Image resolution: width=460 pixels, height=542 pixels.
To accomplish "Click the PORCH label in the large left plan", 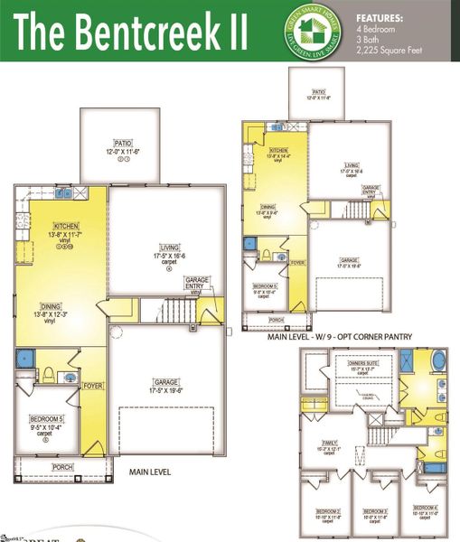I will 62,466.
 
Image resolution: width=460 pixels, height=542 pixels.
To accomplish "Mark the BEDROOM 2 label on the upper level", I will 327,511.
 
